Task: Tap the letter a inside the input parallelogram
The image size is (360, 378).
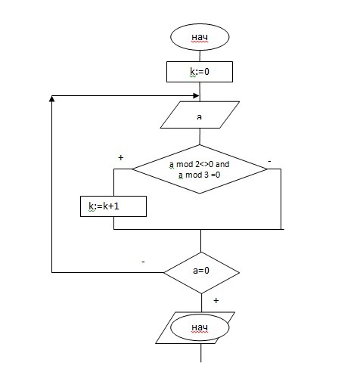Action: (x=199, y=116)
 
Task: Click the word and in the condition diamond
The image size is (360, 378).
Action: (x=222, y=164)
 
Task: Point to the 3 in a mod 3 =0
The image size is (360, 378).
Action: (x=206, y=175)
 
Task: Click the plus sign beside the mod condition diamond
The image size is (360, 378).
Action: (x=121, y=157)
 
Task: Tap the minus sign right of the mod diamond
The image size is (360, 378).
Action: (x=269, y=161)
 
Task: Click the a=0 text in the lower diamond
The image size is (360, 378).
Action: (x=201, y=271)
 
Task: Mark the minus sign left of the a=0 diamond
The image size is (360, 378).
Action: (x=143, y=262)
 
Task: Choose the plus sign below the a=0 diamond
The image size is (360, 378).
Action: (x=216, y=300)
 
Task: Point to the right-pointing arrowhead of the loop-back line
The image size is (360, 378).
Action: (x=196, y=95)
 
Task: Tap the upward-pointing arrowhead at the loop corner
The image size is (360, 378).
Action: (x=51, y=98)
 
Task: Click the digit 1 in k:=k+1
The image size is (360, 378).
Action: (x=116, y=206)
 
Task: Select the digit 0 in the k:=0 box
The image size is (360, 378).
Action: (x=206, y=72)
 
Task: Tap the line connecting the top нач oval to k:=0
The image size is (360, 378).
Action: (x=200, y=56)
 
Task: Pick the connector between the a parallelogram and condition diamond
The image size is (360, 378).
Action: (x=200, y=137)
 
